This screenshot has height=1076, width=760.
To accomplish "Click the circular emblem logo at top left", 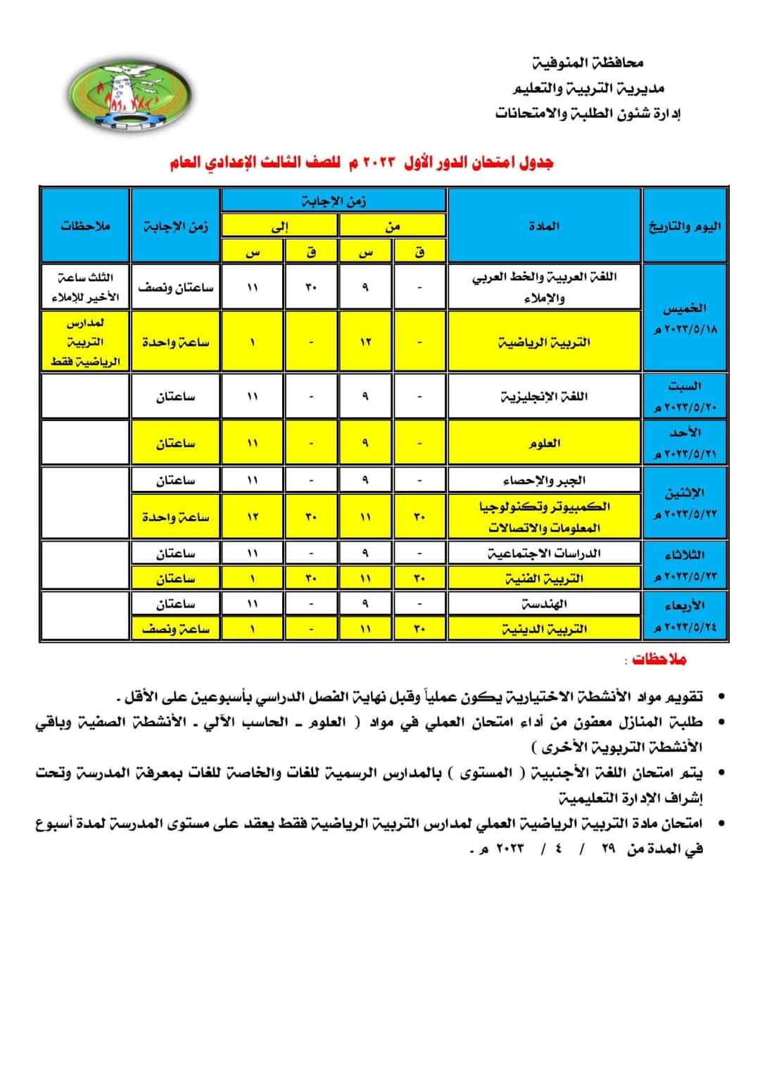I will tap(129, 94).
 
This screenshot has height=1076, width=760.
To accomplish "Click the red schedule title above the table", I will tap(361, 163).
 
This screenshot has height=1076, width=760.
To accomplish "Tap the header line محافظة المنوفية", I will tap(587, 63).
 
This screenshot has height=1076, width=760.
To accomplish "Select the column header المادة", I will tap(544, 226).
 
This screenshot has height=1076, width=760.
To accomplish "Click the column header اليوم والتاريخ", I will tap(685, 226).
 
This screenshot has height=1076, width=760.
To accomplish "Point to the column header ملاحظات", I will tap(85, 226).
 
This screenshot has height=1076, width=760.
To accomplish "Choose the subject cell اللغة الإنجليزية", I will tap(544, 396).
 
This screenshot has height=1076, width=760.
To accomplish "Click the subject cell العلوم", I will tap(544, 443).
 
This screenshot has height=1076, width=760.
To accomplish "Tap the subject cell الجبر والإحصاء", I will tap(544, 480).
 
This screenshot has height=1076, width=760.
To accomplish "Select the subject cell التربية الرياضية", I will tap(544, 342).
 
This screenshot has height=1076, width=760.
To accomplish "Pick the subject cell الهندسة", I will tap(544, 604).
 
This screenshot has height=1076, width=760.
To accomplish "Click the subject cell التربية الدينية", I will tap(544, 629).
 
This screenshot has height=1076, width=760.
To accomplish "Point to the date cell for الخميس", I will tap(685, 318).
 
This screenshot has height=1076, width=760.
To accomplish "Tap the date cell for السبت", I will tap(685, 396).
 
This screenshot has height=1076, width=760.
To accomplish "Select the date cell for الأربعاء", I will tap(685, 615).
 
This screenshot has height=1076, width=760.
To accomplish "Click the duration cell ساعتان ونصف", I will tap(175, 287).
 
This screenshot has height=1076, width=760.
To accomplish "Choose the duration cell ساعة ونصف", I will tap(175, 629).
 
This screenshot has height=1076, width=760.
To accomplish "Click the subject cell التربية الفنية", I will tap(544, 579).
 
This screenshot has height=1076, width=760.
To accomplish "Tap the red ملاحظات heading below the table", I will tap(659, 659).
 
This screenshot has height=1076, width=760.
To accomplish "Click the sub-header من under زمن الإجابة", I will tap(392, 226).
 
